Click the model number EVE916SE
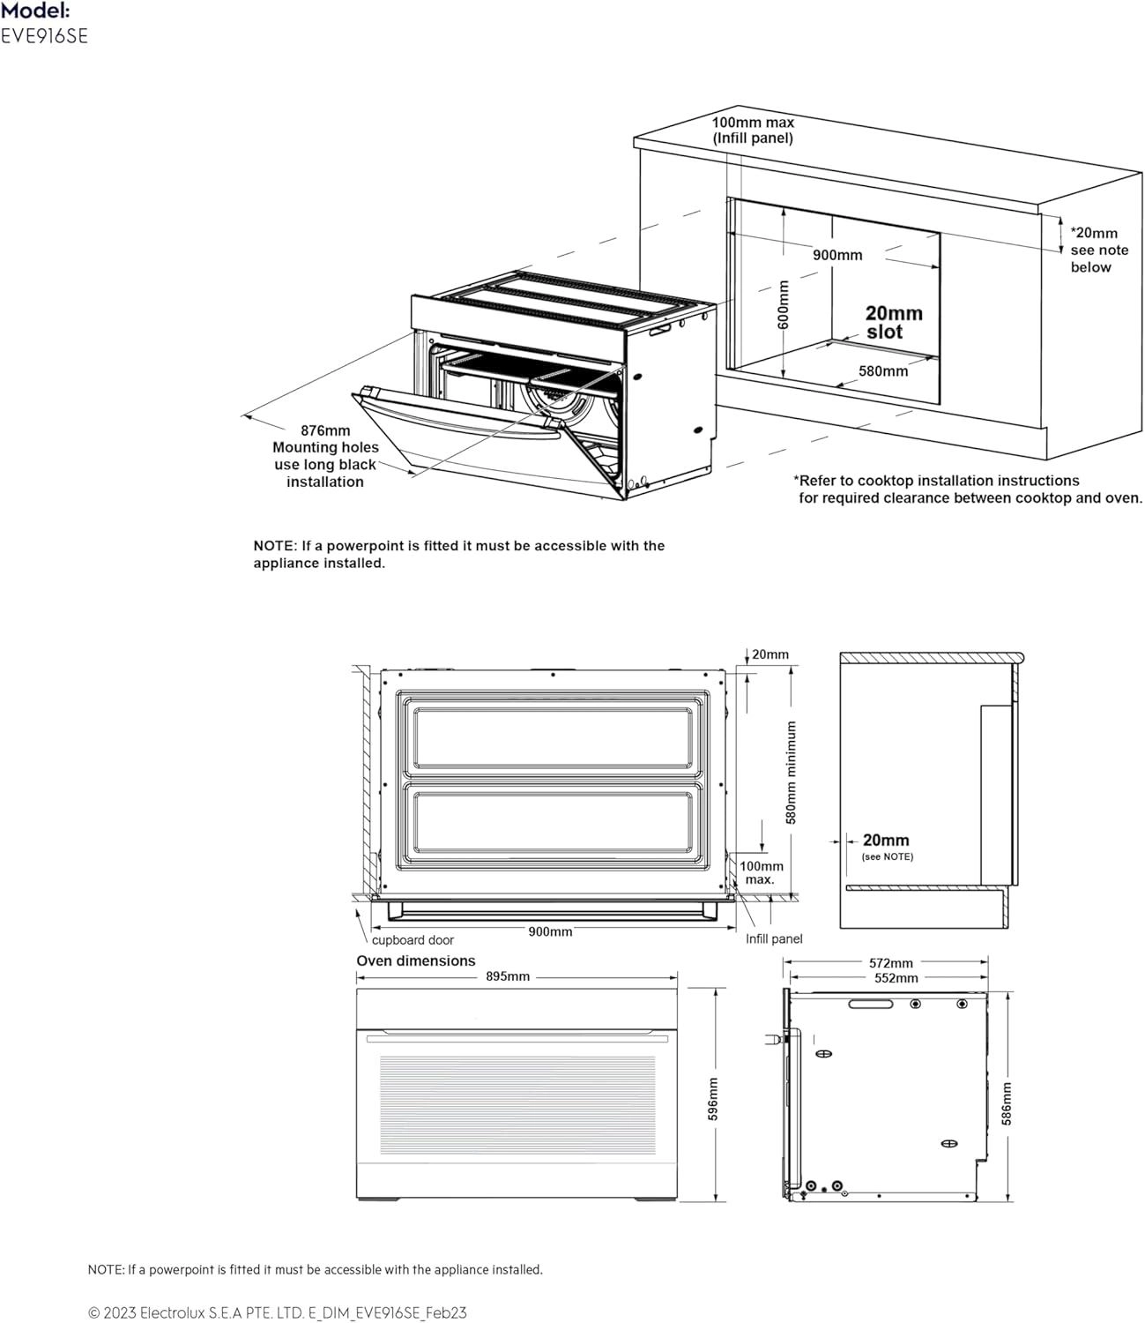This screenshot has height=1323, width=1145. click(44, 36)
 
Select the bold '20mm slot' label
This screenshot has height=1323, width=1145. click(894, 323)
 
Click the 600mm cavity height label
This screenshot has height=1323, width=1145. click(784, 304)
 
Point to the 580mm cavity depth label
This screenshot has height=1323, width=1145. click(883, 371)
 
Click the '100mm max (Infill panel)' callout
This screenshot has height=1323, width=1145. click(753, 131)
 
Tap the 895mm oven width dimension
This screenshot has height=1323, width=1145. click(508, 976)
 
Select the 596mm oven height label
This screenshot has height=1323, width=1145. click(713, 1099)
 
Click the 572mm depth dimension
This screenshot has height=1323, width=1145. click(890, 962)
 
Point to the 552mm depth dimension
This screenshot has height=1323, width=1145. click(896, 978)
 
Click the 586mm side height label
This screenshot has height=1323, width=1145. click(1007, 1103)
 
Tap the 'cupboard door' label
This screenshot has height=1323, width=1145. click(413, 940)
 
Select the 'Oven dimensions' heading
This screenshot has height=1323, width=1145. click(416, 960)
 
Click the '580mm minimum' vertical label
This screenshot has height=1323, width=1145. click(792, 773)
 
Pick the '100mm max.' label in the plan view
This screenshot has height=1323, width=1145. click(761, 872)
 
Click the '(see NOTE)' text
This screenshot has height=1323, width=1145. click(888, 856)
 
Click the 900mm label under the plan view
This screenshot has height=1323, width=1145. click(550, 932)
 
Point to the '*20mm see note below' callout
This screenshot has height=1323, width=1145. click(1099, 250)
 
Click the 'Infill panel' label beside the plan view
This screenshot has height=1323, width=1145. click(773, 939)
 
